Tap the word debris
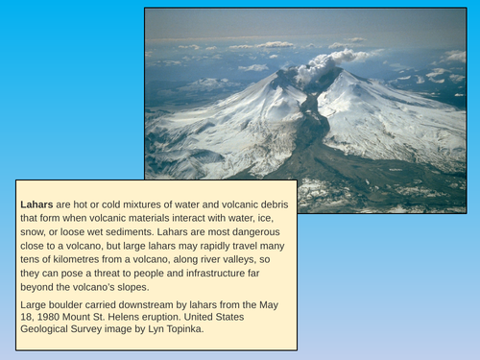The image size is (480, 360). pos(270,204)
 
